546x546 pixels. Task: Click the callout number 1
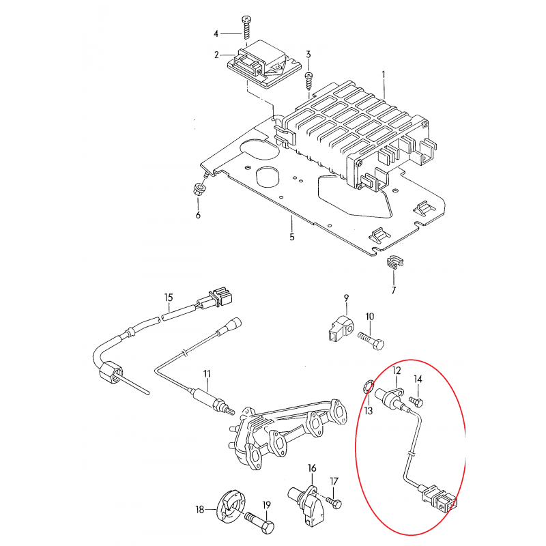pyautogui.click(x=384, y=74)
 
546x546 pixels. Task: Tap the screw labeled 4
pyautogui.click(x=246, y=29)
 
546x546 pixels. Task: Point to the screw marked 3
pyautogui.click(x=308, y=82)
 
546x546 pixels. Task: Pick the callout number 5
pyautogui.click(x=292, y=237)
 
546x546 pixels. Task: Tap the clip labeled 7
pyautogui.click(x=394, y=262)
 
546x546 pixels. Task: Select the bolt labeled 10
pyautogui.click(x=371, y=341)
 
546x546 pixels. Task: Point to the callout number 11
pyautogui.click(x=207, y=374)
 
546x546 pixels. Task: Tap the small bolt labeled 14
pyautogui.click(x=417, y=401)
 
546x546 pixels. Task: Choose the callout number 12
pyautogui.click(x=397, y=371)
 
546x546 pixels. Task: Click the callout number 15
pyautogui.click(x=169, y=298)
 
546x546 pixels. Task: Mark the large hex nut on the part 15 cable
pyautogui.click(x=111, y=373)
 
